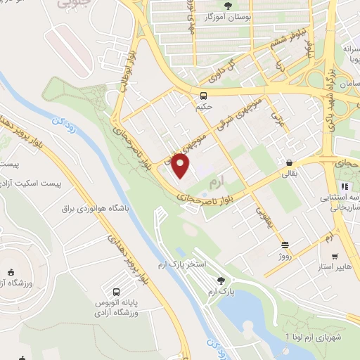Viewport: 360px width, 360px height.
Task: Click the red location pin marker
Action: point(181,167)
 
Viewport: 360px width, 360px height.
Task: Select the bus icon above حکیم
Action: point(203,96)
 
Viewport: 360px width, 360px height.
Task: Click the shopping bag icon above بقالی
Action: point(289,162)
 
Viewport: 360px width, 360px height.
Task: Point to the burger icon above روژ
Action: point(285,245)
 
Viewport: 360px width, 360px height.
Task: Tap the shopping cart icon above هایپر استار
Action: point(335,257)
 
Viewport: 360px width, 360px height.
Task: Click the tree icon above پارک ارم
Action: point(221,279)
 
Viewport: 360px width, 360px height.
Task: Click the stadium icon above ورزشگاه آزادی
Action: point(10,272)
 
